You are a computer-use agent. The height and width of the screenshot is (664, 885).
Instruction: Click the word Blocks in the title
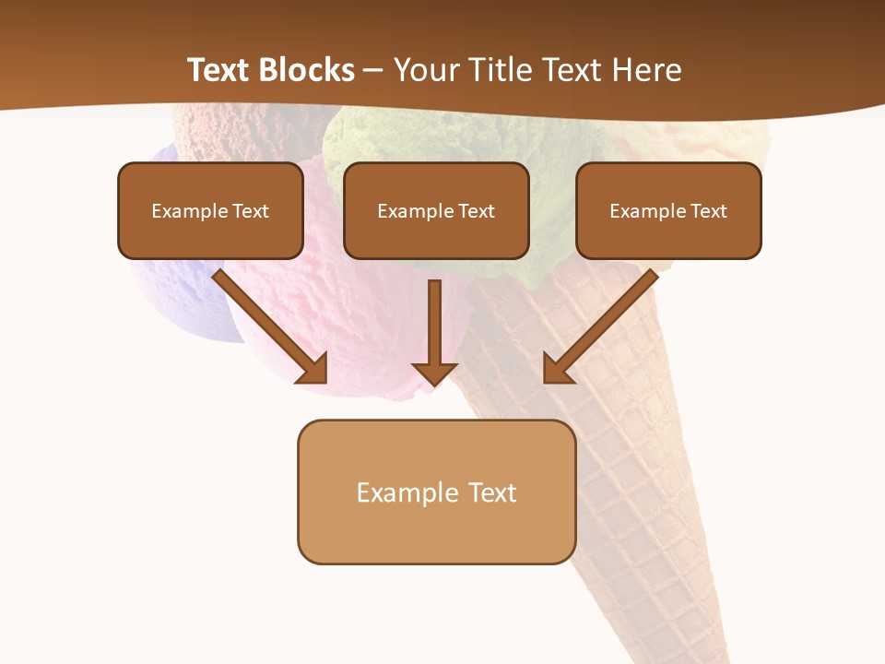(307, 70)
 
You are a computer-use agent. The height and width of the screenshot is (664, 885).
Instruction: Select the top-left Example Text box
(210, 210)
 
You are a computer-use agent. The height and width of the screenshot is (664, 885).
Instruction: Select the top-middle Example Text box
(436, 210)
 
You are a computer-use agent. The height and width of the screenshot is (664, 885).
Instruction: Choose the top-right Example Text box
(668, 210)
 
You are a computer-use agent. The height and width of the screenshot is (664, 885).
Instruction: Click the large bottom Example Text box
(436, 492)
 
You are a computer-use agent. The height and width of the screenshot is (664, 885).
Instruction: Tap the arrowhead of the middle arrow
(434, 373)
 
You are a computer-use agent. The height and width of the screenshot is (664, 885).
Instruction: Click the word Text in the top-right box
(708, 211)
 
